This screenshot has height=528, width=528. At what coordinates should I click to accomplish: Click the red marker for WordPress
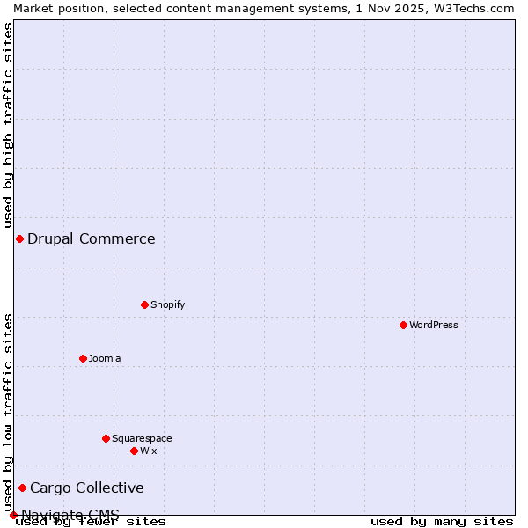[403, 325]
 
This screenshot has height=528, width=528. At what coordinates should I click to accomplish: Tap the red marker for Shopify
[144, 304]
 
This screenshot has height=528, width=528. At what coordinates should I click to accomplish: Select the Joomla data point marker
[83, 358]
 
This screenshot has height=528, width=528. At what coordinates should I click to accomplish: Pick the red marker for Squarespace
[106, 438]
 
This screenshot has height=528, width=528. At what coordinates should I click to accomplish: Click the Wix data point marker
[134, 451]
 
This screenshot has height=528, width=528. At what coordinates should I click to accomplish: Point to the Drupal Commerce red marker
[19, 238]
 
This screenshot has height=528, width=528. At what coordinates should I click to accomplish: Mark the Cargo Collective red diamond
[22, 488]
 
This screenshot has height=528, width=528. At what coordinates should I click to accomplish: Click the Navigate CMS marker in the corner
[13, 515]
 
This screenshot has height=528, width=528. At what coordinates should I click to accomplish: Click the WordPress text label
[434, 325]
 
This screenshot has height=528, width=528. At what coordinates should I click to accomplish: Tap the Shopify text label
[167, 304]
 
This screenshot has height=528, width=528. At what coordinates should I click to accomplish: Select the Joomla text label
[105, 358]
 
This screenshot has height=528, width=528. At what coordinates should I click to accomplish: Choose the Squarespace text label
[142, 438]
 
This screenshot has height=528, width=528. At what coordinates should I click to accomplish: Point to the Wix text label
[148, 451]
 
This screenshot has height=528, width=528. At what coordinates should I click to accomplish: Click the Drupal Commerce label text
[92, 238]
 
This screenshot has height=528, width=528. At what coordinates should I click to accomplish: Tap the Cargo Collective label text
[87, 488]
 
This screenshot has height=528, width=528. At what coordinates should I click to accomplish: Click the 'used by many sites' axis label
[442, 521]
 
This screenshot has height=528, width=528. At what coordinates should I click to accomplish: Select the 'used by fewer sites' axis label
[91, 521]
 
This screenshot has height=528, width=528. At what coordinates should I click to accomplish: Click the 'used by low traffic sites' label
[8, 412]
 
